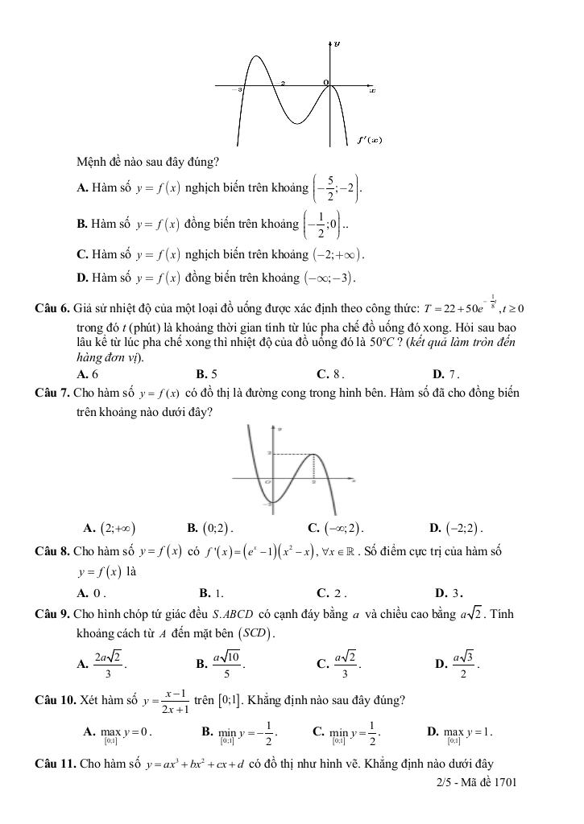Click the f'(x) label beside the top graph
(x=369, y=139)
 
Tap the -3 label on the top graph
(x=239, y=90)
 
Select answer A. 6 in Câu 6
(x=87, y=374)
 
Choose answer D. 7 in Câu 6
(x=445, y=374)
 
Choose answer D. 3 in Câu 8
(x=448, y=593)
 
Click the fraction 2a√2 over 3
(x=107, y=664)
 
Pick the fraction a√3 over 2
(x=465, y=664)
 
